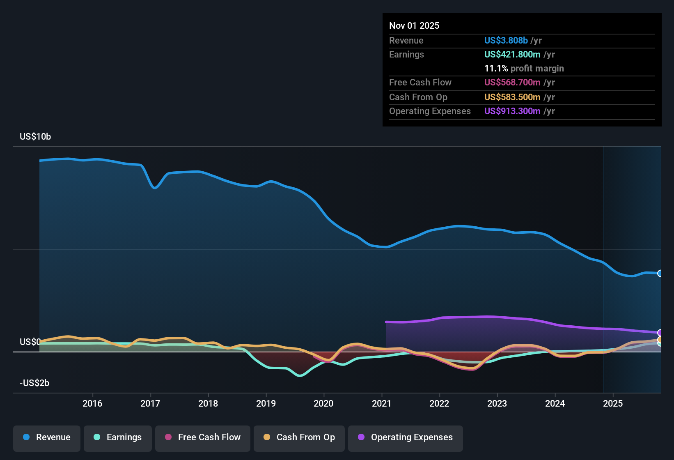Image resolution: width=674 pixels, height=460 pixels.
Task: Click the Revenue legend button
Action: pyautogui.click(x=47, y=437)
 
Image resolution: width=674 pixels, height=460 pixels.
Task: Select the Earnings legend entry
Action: pyautogui.click(x=118, y=437)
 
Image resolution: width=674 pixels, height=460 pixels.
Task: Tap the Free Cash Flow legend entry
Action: pyautogui.click(x=203, y=437)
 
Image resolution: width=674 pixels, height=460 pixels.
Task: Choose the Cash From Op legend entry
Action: pyautogui.click(x=299, y=437)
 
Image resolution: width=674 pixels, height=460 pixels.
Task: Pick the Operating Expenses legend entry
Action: pyautogui.click(x=406, y=437)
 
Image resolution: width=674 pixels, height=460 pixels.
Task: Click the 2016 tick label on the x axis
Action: pyautogui.click(x=92, y=403)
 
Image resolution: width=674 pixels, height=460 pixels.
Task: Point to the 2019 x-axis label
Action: pyautogui.click(x=266, y=403)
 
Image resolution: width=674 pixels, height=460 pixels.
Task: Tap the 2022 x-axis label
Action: pyautogui.click(x=439, y=403)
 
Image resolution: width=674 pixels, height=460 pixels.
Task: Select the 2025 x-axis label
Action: pyautogui.click(x=613, y=403)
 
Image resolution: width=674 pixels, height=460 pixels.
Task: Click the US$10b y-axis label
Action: pyautogui.click(x=35, y=137)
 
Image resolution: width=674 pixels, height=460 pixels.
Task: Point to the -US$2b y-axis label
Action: pyautogui.click(x=34, y=383)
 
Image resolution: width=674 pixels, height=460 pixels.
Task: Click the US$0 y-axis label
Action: pyautogui.click(x=30, y=342)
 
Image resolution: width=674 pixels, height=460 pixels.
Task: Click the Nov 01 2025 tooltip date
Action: pyautogui.click(x=414, y=25)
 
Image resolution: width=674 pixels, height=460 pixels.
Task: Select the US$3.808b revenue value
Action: pyautogui.click(x=506, y=40)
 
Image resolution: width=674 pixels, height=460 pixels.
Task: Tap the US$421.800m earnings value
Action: pyautogui.click(x=512, y=54)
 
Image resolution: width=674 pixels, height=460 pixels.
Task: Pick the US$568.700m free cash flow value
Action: pyautogui.click(x=512, y=82)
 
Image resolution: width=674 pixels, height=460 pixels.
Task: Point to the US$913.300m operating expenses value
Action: pyautogui.click(x=512, y=111)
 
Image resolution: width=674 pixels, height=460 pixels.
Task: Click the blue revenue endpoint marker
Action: pyautogui.click(x=660, y=274)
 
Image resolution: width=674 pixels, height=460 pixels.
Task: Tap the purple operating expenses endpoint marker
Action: pyautogui.click(x=660, y=333)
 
